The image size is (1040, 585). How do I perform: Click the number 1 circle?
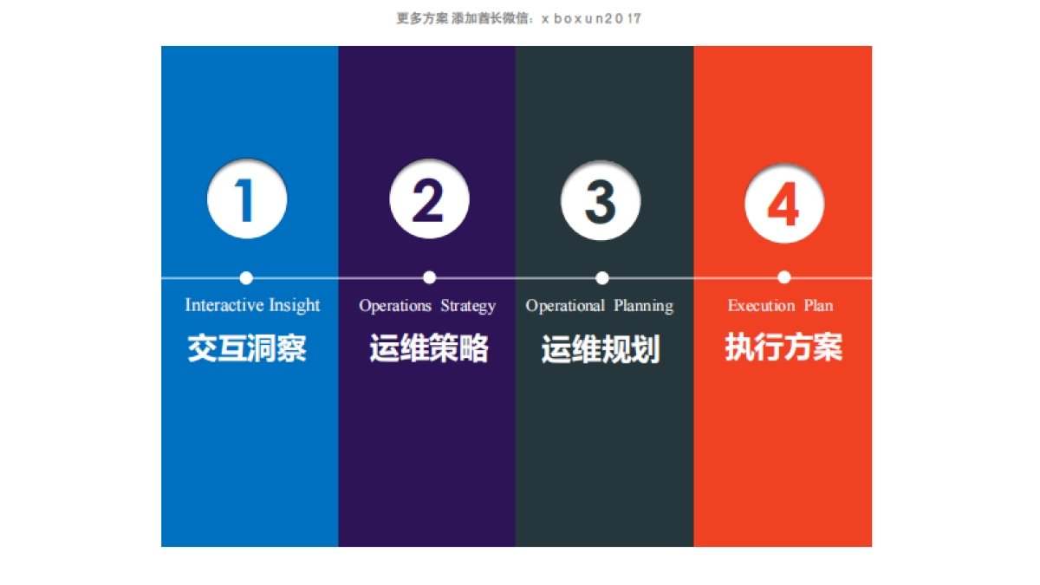(247, 199)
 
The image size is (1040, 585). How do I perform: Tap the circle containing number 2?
(429, 199)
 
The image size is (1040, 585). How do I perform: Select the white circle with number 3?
(601, 201)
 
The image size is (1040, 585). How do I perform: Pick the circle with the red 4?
(784, 205)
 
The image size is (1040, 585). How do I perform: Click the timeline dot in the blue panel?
(246, 278)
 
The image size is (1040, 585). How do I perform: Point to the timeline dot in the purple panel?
(429, 277)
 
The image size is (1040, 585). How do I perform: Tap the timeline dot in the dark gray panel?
(602, 278)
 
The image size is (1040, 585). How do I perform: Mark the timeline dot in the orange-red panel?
(784, 277)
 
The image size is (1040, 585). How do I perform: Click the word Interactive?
(224, 305)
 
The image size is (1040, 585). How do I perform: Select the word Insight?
(295, 305)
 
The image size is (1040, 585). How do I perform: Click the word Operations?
(395, 306)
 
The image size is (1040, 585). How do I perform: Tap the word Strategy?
(468, 306)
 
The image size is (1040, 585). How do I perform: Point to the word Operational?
(565, 306)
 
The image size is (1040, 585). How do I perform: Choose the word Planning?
(644, 306)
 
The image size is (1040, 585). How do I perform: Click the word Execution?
(761, 306)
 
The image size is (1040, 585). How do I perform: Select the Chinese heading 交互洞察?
(247, 348)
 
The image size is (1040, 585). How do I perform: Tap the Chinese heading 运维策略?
(429, 348)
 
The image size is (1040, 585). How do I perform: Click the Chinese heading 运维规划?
(601, 349)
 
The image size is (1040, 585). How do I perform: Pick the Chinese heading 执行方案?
(783, 348)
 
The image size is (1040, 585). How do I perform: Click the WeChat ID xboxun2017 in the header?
(591, 18)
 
